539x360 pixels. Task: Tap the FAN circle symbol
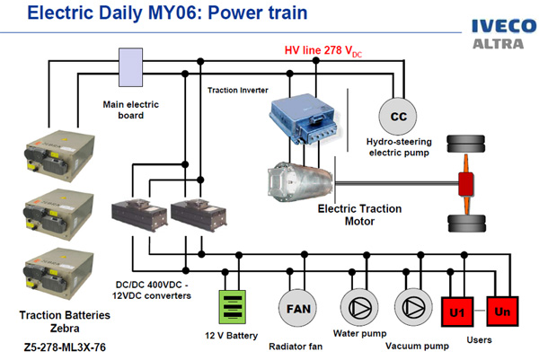[x=296, y=307]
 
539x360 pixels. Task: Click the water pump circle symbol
[x=358, y=307]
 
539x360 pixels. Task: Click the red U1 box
[x=456, y=311]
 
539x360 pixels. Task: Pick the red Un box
[x=503, y=311]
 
